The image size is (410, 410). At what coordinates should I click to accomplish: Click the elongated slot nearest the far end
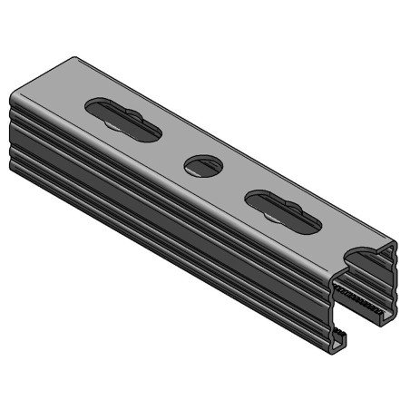click(x=124, y=117)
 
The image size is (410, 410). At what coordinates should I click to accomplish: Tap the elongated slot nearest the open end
click(x=282, y=210)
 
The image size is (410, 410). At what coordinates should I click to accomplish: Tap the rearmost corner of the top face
click(x=74, y=58)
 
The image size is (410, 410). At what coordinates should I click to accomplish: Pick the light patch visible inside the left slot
click(x=114, y=120)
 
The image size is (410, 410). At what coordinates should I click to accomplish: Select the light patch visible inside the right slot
click(x=272, y=214)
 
